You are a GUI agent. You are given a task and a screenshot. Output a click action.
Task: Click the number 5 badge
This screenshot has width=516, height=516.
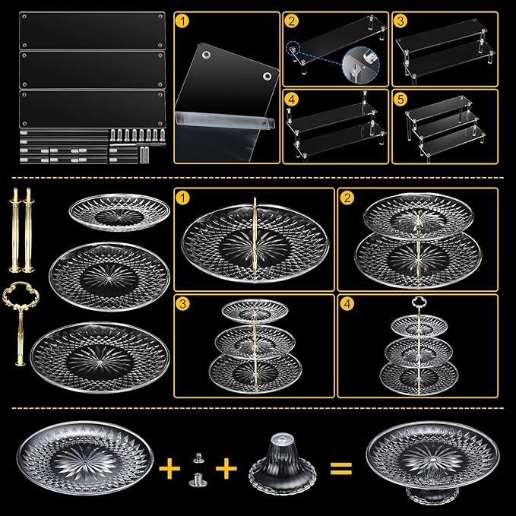(400, 99)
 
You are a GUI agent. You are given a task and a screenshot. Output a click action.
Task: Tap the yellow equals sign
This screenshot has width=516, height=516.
(341, 469)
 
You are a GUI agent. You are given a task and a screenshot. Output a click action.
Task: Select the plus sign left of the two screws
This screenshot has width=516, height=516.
(169, 468)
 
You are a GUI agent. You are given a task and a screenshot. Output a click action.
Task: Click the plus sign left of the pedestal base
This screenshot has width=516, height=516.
(226, 468)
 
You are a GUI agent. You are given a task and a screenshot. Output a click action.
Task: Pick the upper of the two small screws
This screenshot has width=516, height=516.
(198, 458)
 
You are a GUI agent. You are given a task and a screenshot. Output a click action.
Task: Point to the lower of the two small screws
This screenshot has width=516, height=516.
(198, 479)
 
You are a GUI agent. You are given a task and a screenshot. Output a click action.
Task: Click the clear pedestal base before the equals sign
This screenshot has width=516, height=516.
(283, 463)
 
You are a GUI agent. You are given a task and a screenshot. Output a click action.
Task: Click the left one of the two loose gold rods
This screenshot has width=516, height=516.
(15, 230)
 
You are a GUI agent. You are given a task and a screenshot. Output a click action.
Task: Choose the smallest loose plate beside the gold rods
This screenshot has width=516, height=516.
(119, 213)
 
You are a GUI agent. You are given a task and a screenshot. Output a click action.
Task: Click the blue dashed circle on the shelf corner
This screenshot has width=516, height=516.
(293, 49)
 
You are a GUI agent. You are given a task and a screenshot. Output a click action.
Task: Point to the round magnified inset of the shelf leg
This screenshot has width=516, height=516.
(361, 65)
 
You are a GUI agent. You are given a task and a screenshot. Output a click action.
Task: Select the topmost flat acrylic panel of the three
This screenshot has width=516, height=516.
(92, 30)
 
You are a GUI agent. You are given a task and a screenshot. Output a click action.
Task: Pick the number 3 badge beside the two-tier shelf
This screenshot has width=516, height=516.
(400, 21)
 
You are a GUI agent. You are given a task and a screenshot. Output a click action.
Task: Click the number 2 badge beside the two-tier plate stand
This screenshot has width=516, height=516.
(347, 198)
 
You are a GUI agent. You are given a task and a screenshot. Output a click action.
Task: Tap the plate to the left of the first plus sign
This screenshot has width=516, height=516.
(85, 458)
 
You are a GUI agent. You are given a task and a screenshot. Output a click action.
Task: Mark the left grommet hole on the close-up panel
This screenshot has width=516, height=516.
(207, 55)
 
